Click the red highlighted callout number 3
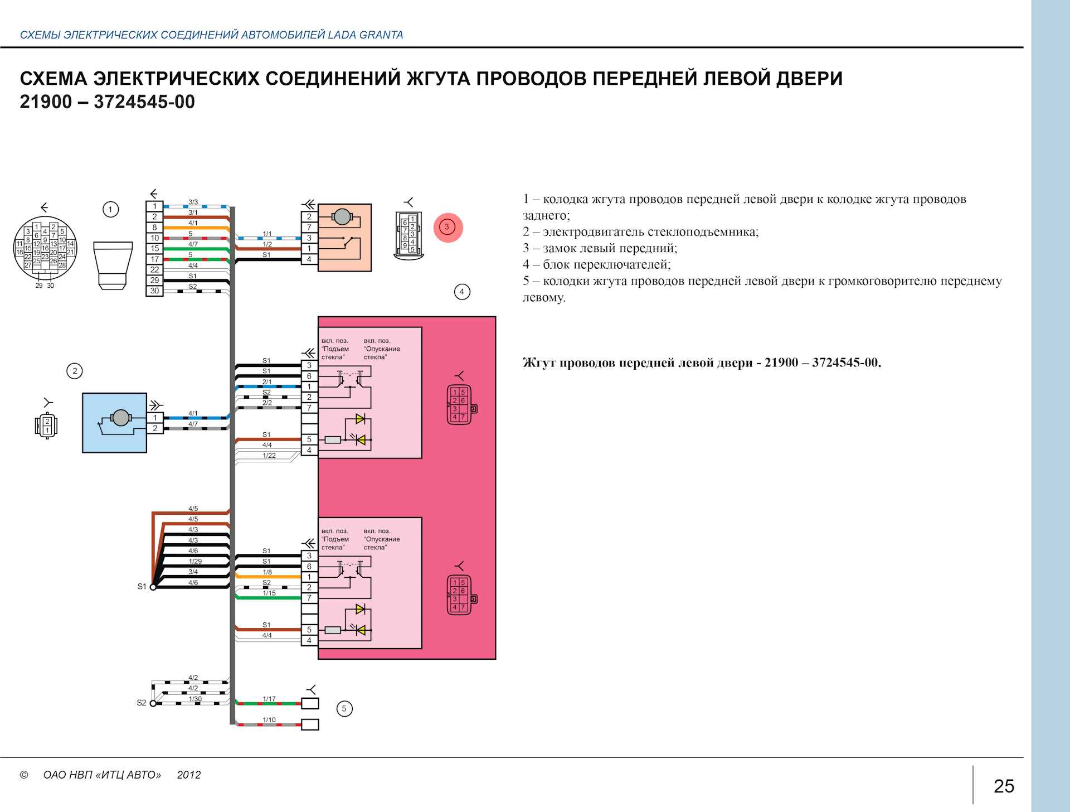tap(448, 227)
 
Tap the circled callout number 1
tap(110, 210)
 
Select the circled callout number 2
tap(75, 371)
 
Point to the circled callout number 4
tap(461, 292)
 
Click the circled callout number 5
tap(344, 709)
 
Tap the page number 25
tap(1004, 786)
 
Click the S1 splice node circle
tap(153, 587)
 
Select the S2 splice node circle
tap(153, 703)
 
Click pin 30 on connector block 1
tap(154, 291)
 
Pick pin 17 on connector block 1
tap(154, 259)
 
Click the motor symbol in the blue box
tap(120, 418)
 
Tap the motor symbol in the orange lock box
tap(341, 217)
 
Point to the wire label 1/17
tap(269, 699)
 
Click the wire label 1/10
tap(269, 720)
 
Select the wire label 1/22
tap(269, 456)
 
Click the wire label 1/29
tap(194, 561)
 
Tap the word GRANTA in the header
tap(381, 35)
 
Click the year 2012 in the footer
tap(189, 775)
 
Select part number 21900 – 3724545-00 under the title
tap(108, 102)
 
